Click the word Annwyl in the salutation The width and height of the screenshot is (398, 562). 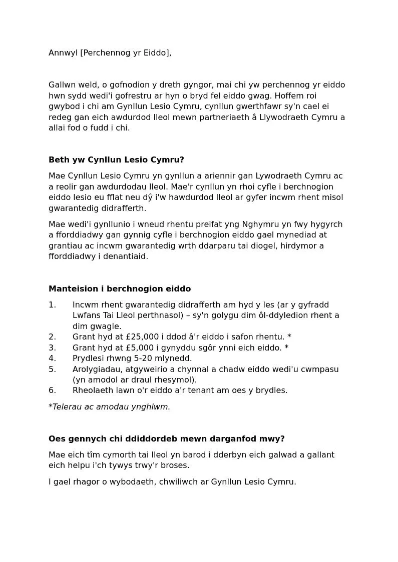(63, 53)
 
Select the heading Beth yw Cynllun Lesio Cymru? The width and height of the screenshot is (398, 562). (116, 160)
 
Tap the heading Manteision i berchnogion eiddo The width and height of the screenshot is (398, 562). (120, 289)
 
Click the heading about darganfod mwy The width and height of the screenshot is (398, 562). (166, 439)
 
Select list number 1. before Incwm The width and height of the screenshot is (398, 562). (52, 305)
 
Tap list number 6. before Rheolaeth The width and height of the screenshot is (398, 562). (52, 390)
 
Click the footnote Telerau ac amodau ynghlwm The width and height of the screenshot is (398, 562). (111, 407)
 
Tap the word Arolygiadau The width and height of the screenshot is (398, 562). (98, 369)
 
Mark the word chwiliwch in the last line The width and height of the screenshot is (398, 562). (177, 482)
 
